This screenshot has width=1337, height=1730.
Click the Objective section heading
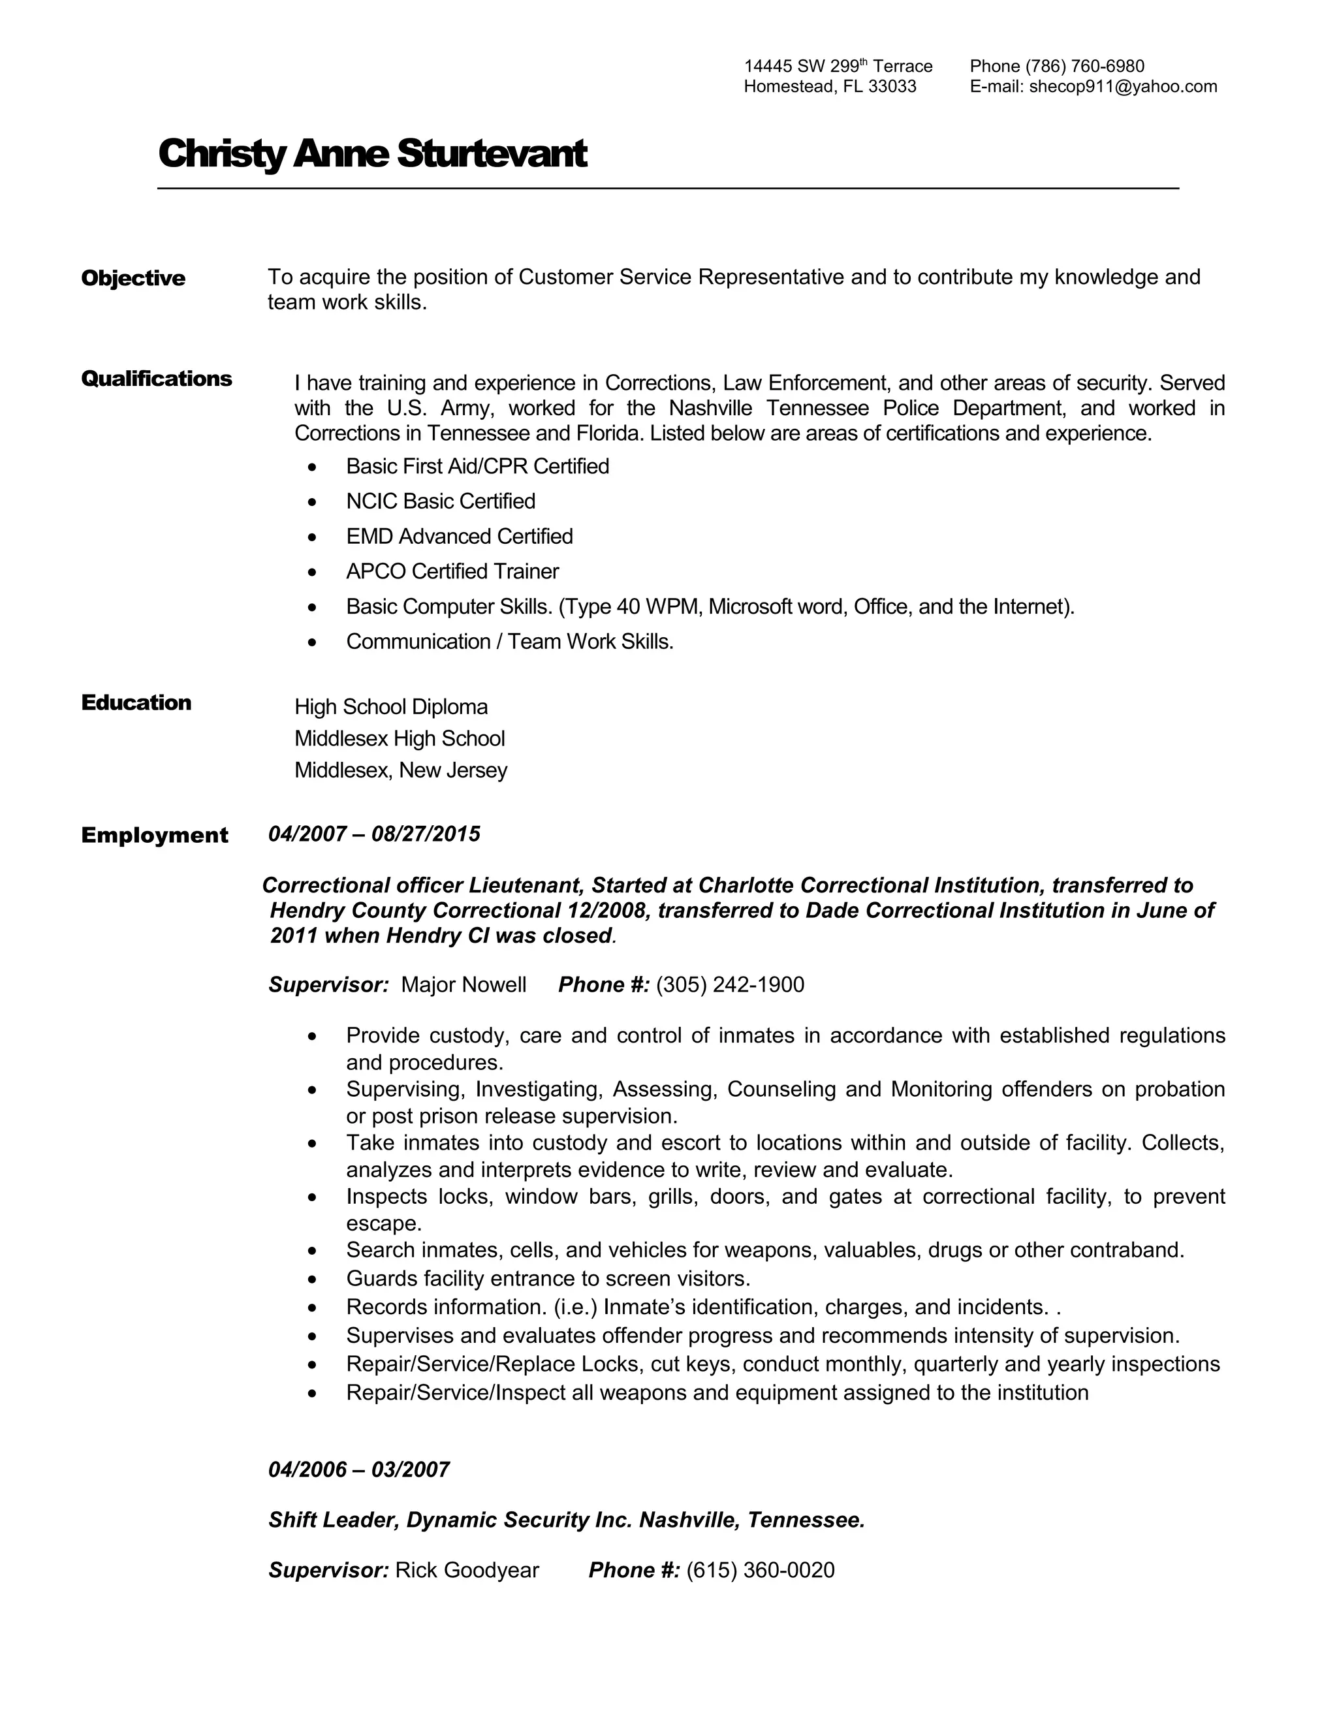click(x=133, y=278)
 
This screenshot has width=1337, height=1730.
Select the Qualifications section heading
click(x=156, y=379)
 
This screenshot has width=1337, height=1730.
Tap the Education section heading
click(x=136, y=702)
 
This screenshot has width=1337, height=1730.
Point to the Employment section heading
click(x=155, y=835)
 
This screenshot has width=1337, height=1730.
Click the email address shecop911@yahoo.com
click(x=1122, y=86)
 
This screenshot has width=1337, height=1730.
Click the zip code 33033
click(x=892, y=86)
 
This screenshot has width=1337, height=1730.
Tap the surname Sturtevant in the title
click(x=491, y=153)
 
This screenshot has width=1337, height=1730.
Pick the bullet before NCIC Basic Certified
click(x=313, y=502)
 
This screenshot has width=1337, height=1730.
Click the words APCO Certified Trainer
click(x=452, y=571)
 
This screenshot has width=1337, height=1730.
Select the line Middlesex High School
click(x=399, y=738)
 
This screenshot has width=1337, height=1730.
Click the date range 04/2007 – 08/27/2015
click(x=374, y=834)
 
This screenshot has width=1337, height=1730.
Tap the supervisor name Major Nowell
click(x=464, y=984)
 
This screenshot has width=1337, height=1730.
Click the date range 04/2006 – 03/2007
click(x=359, y=1470)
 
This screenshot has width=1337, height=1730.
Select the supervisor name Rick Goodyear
click(x=467, y=1570)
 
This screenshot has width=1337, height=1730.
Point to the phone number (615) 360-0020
click(x=761, y=1570)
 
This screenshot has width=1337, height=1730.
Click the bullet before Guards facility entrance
click(x=313, y=1280)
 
